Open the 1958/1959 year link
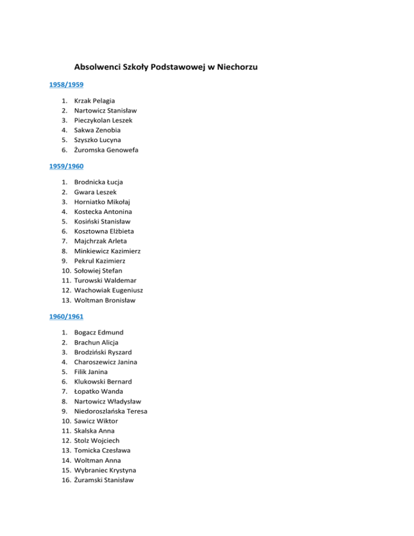[x=66, y=85]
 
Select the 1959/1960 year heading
[x=66, y=166]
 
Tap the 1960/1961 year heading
[x=66, y=317]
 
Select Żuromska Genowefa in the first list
[x=106, y=150]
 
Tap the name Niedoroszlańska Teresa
[x=111, y=411]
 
